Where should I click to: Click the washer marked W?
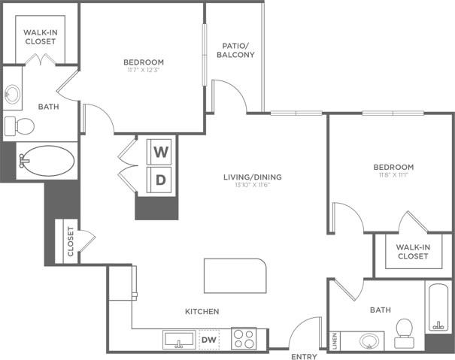coord(161,151)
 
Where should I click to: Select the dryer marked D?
coord(161,179)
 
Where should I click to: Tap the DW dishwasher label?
coord(210,340)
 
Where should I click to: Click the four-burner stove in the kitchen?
coord(243,338)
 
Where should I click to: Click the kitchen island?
coord(235,277)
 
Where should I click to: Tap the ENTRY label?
coord(305,356)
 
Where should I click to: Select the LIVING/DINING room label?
coord(252,177)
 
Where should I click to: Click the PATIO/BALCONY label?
coord(235,50)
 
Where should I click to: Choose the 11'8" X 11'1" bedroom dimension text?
coord(393,174)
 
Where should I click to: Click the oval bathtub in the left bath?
coord(47,160)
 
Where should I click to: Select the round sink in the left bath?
coord(13,95)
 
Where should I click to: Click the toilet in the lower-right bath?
coord(405,330)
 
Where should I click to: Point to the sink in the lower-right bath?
coord(369,340)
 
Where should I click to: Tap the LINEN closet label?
coord(335,340)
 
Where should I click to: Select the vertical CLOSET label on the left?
coord(71,242)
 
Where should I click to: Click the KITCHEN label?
coord(202,311)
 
